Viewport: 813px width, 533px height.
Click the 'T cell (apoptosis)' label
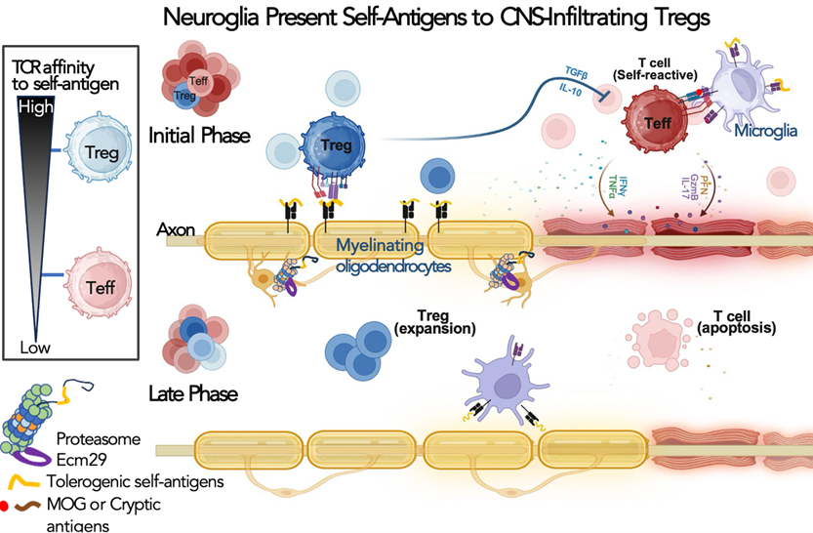[x=738, y=323]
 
